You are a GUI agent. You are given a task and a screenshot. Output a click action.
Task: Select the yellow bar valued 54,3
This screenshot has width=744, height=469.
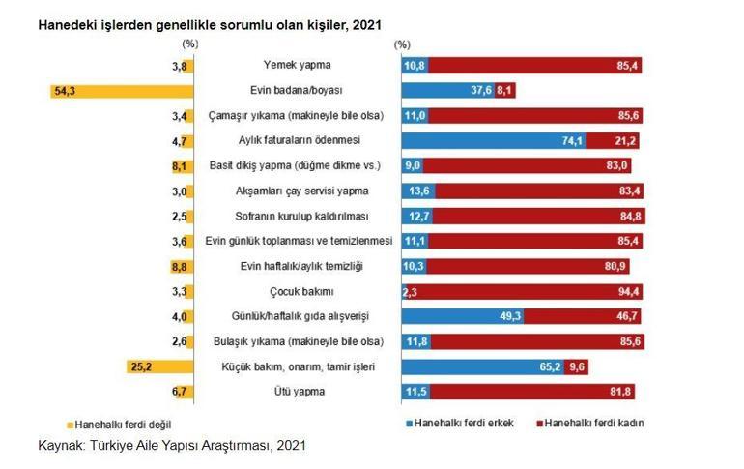pos(122,91)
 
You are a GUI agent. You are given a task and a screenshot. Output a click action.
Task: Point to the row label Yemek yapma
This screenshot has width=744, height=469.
pos(298,66)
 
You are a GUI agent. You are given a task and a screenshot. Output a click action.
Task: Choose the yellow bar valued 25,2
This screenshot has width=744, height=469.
pos(160,366)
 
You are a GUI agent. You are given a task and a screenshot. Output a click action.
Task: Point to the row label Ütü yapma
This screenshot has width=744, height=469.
pos(298,392)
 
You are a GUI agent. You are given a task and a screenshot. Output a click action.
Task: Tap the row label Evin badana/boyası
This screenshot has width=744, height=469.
pos(298,91)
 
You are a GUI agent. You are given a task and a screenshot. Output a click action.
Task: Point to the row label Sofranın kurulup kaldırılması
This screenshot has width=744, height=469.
pos(298,216)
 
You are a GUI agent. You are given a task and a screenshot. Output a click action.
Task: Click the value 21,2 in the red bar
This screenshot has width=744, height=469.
pos(625,141)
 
